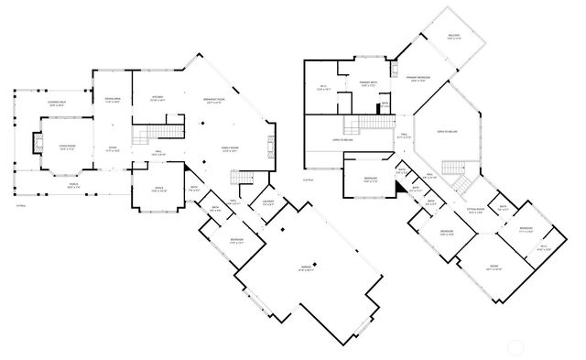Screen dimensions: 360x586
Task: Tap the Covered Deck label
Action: tap(56, 104)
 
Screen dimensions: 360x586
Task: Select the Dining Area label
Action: tap(112, 100)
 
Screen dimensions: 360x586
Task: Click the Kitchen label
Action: tap(157, 99)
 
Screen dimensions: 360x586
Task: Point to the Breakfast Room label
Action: tap(217, 101)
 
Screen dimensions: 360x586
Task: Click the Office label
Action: tap(146, 191)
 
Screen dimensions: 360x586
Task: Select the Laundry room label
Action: tap(268, 202)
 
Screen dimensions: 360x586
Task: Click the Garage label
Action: tap(307, 268)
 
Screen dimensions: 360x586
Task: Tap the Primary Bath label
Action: tap(370, 83)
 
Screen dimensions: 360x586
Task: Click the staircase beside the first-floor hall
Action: tap(141, 137)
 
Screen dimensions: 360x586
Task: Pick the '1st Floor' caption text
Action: tap(20, 206)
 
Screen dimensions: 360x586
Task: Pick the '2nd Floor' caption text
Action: tap(308, 180)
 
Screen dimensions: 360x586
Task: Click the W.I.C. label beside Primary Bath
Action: tap(322, 89)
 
